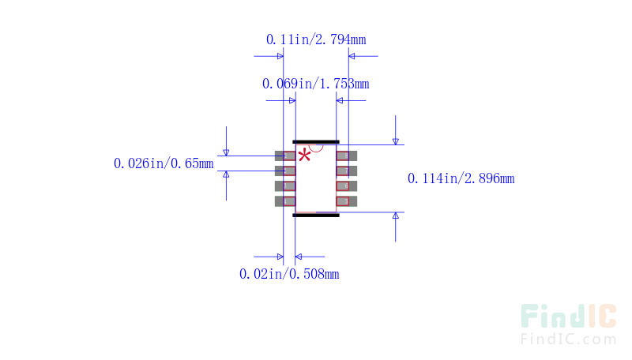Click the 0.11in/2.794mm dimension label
[x=316, y=39]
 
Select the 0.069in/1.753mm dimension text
[x=315, y=83]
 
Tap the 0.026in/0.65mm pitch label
[x=164, y=163]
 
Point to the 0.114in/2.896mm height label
[x=461, y=178]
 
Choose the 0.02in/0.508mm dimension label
[x=289, y=274]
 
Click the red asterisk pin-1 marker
[x=304, y=155]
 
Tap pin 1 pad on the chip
[x=284, y=156]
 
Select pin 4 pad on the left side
[x=284, y=201]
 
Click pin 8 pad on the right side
[x=348, y=156]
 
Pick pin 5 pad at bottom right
[x=348, y=201]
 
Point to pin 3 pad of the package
[x=284, y=186]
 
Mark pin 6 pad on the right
[x=348, y=186]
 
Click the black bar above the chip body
[x=316, y=142]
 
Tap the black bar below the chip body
[x=316, y=214]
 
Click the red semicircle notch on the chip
[x=316, y=148]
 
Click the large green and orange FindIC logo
[x=568, y=317]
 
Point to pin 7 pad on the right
[x=348, y=171]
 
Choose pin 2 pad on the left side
[x=284, y=171]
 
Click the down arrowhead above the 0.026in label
[x=226, y=152]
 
